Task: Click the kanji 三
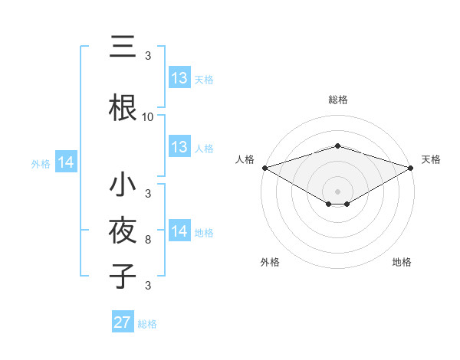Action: point(123,47)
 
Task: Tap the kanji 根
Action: point(123,108)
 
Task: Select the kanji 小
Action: point(123,186)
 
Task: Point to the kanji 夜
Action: point(123,231)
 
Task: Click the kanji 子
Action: point(123,276)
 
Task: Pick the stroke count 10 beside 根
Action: point(148,117)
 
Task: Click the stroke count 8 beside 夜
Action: point(148,240)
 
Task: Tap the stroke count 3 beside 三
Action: point(148,56)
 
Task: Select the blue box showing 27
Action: point(123,322)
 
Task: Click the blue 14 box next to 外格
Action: point(66,162)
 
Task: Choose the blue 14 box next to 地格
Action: point(179,232)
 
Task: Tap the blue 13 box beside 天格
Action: point(179,78)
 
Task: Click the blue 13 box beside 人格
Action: point(179,148)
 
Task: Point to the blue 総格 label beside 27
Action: point(147,324)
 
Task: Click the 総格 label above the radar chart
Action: point(338,100)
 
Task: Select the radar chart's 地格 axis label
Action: point(402,262)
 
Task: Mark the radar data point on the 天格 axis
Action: point(411,168)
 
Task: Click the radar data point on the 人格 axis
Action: point(264,168)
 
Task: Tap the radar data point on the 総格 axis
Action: point(338,146)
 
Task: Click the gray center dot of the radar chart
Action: point(338,191)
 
